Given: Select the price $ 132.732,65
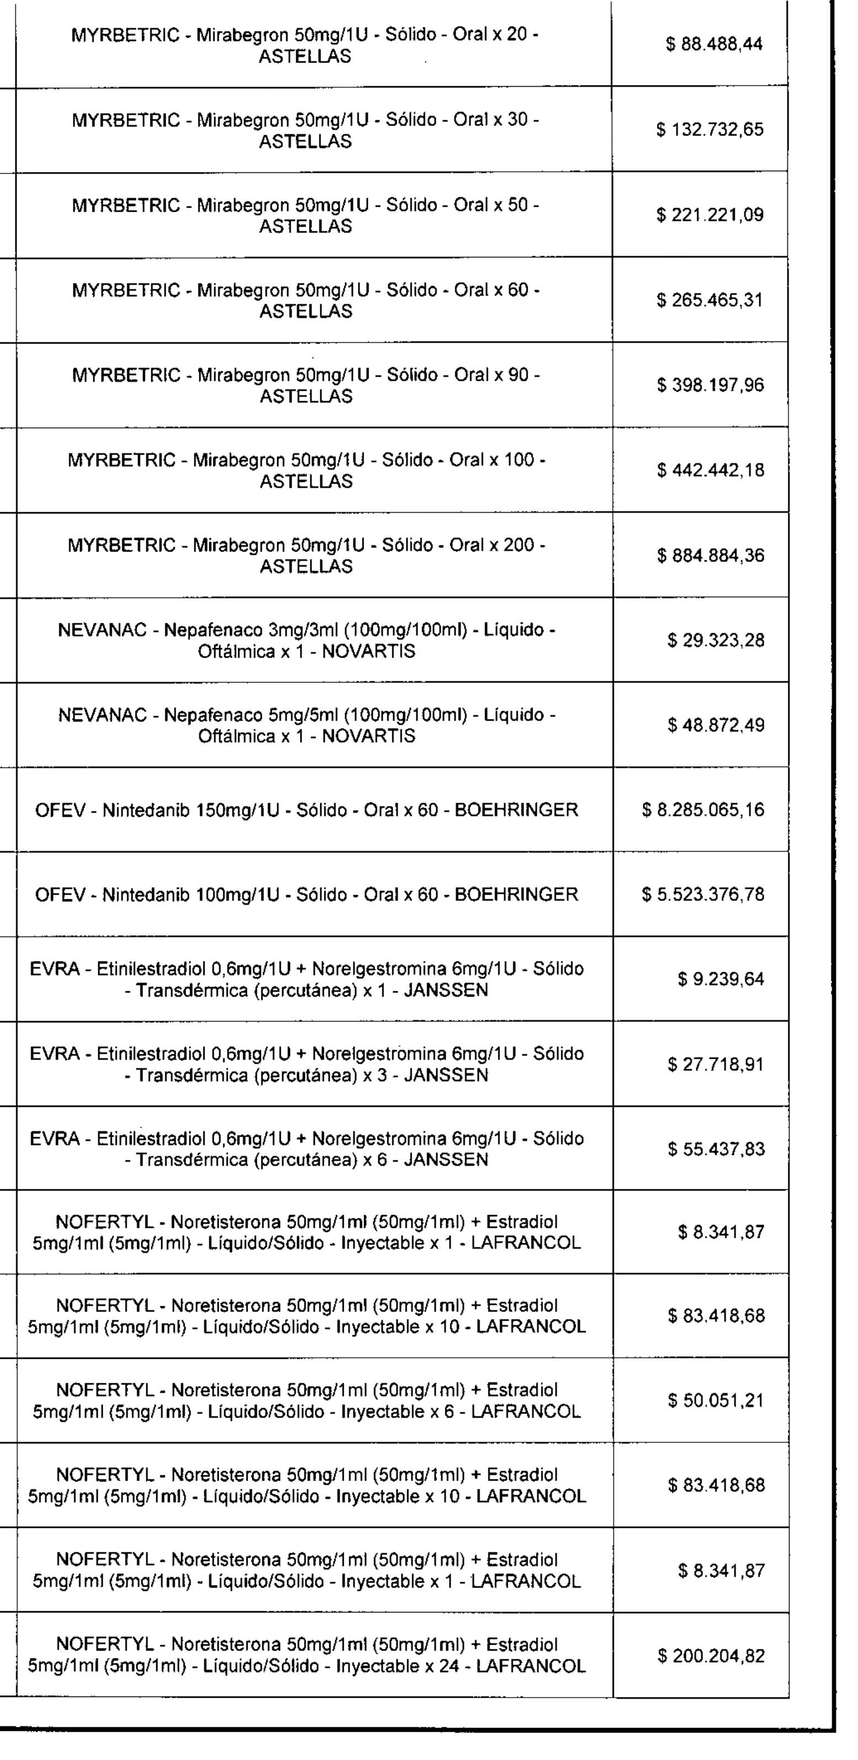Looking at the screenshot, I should coord(710,130).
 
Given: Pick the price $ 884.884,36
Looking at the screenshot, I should coord(710,555).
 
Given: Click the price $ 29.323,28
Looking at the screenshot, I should coord(715,641).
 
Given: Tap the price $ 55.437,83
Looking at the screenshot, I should coord(715,1149).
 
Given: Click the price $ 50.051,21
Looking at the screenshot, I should coord(715,1401).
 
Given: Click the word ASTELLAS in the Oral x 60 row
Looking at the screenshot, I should coord(306,312).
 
